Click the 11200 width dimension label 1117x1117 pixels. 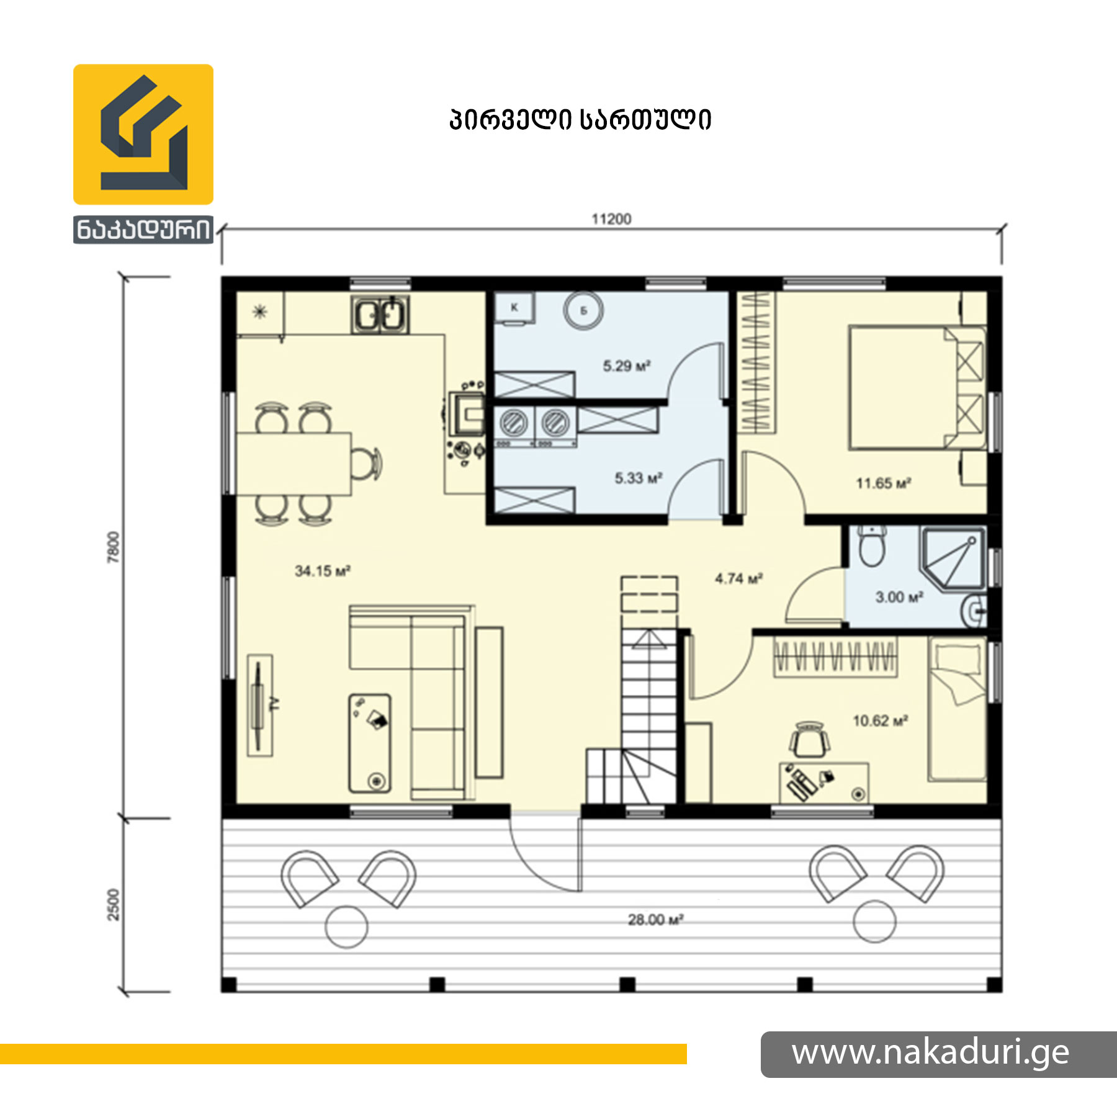(x=611, y=219)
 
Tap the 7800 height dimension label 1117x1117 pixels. (x=113, y=547)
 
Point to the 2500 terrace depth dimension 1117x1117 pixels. (x=113, y=905)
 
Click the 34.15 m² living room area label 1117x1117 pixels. (x=323, y=571)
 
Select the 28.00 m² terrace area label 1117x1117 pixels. (x=656, y=920)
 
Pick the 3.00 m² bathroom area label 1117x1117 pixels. (x=899, y=597)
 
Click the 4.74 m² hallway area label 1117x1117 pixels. (x=738, y=578)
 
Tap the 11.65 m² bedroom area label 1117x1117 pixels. (x=884, y=483)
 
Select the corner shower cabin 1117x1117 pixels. (x=953, y=558)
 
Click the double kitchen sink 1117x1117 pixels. (x=380, y=315)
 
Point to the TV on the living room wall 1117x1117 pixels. (x=258, y=705)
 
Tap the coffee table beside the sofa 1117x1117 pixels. (x=370, y=743)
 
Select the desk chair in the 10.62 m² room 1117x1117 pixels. (x=809, y=740)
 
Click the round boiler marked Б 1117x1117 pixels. (x=583, y=311)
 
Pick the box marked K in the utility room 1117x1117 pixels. (x=514, y=308)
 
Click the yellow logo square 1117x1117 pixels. (x=143, y=134)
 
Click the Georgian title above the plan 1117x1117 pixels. (x=580, y=120)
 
